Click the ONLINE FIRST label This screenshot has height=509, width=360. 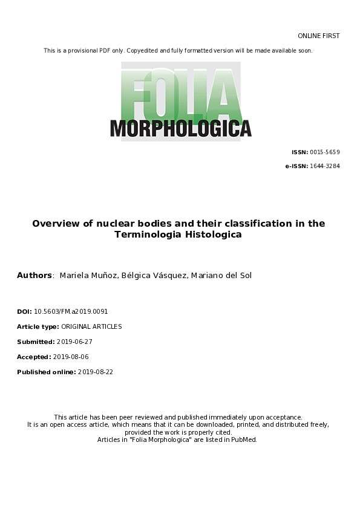coord(319,36)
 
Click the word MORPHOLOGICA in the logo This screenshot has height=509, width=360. coord(180,128)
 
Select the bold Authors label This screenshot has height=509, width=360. coord(34,276)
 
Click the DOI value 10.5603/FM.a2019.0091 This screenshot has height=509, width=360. coord(71,311)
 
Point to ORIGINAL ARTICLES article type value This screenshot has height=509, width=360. coord(92,326)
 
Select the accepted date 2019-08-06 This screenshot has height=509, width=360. coord(71,357)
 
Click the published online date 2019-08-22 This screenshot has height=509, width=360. coord(96,372)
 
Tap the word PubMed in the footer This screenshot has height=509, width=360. coord(244,439)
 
